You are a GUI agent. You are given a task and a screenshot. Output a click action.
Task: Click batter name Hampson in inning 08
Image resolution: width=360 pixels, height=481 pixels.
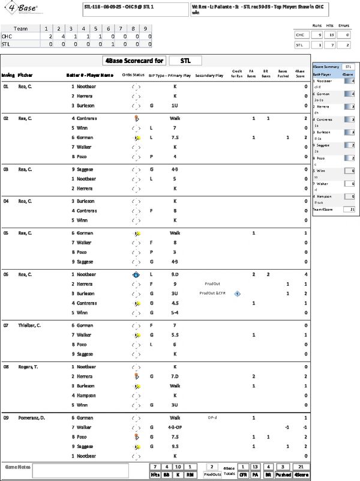pos(87,395)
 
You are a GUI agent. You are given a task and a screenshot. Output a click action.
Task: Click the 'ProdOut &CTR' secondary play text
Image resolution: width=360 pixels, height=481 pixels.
pos(211,293)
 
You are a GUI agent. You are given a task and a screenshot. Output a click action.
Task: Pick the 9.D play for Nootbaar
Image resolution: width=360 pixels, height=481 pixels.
pos(175,274)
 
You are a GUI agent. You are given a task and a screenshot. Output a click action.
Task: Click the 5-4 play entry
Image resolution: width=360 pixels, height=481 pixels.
pos(175,312)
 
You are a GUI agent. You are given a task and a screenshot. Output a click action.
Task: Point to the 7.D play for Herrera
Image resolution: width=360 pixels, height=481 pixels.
pos(175,376)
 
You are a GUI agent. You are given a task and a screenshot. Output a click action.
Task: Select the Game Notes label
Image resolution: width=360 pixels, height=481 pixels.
pos(18,467)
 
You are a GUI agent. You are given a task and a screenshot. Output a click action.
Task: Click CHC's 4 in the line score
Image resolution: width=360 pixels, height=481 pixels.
pos(59,36)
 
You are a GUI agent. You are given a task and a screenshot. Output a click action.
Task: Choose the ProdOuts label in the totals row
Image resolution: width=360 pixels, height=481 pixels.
pos(212,474)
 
